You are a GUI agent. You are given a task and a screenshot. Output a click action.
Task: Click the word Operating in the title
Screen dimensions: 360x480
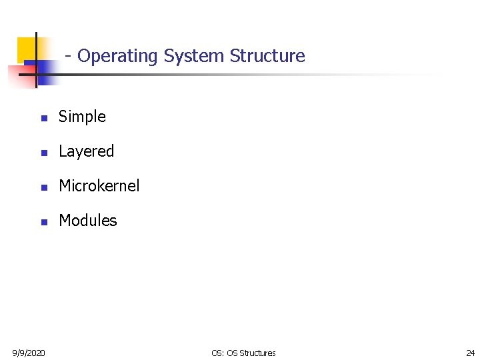pos(118,56)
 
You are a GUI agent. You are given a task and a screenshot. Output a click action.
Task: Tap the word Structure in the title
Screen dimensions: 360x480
pos(267,56)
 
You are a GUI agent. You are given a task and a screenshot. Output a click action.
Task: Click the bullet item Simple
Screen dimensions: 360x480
pos(82,117)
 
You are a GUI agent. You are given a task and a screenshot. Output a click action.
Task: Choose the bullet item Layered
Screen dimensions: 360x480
pos(86,151)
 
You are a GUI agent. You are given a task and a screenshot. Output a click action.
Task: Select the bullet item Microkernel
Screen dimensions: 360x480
pos(99,186)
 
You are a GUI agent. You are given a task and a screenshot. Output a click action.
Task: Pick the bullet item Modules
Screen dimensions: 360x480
pos(87,221)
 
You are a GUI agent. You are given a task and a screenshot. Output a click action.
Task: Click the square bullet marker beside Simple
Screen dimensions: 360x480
pos(43,118)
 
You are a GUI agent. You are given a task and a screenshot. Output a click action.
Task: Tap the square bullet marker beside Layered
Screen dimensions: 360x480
pos(43,153)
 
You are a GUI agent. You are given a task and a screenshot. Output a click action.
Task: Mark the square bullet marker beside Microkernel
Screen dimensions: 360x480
pos(43,187)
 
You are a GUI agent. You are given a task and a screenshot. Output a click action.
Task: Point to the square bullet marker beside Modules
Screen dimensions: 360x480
pos(43,222)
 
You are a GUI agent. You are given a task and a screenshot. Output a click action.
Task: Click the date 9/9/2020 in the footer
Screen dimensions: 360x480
pos(29,353)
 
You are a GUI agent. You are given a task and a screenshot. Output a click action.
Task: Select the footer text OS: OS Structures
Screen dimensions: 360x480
pos(243,353)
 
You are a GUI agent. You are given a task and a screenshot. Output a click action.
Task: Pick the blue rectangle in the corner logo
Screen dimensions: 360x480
pos(45,72)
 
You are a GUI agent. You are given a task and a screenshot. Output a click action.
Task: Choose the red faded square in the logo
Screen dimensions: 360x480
pos(16,75)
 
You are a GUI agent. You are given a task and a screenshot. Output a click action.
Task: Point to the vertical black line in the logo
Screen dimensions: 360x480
pos(36,60)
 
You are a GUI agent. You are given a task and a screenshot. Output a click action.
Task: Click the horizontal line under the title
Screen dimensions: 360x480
pos(233,74)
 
